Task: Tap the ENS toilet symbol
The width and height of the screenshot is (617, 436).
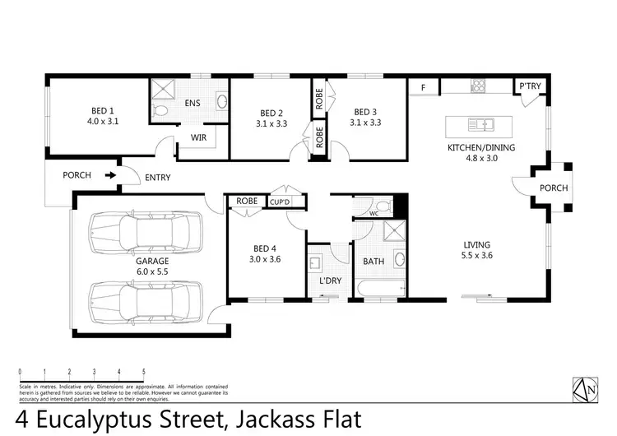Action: click(162, 109)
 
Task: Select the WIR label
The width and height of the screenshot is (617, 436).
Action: click(198, 137)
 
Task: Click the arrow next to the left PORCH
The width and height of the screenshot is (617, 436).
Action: click(109, 175)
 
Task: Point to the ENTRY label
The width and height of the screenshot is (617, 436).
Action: click(158, 177)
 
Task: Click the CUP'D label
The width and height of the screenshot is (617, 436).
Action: click(280, 202)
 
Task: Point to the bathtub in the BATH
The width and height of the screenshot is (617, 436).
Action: click(379, 289)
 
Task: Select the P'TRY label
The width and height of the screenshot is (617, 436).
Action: click(527, 86)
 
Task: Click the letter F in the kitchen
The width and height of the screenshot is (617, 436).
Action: click(424, 86)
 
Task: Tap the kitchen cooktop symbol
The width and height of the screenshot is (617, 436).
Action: click(479, 85)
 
